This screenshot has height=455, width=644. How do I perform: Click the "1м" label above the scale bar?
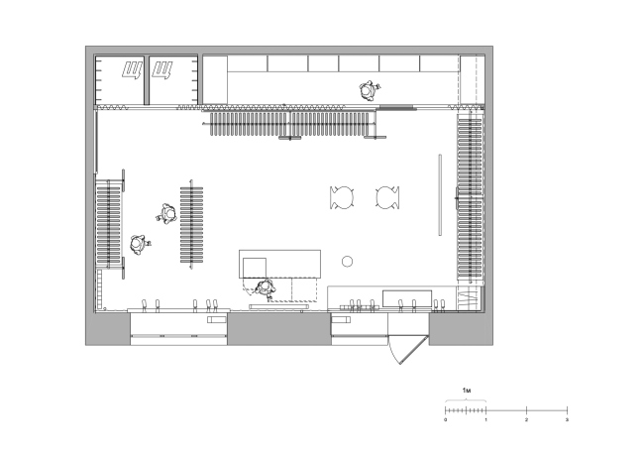pyautogui.click(x=467, y=390)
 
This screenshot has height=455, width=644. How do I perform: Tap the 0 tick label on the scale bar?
pyautogui.click(x=446, y=419)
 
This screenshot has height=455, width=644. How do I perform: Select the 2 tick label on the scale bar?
pyautogui.click(x=526, y=419)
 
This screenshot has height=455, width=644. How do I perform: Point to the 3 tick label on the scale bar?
pyautogui.click(x=567, y=419)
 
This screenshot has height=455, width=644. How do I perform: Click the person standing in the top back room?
pyautogui.click(x=370, y=90)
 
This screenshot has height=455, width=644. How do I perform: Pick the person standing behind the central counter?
pyautogui.click(x=265, y=288)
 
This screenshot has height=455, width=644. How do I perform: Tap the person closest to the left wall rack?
pyautogui.click(x=140, y=245)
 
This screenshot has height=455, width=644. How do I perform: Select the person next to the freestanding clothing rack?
pyautogui.click(x=166, y=214)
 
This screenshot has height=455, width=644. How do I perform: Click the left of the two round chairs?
pyautogui.click(x=342, y=197)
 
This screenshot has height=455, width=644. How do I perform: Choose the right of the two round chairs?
pyautogui.click(x=387, y=197)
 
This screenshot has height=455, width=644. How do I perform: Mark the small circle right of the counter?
pyautogui.click(x=347, y=261)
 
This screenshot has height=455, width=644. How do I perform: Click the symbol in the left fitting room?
pyautogui.click(x=132, y=69)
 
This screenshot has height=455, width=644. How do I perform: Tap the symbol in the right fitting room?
pyautogui.click(x=162, y=69)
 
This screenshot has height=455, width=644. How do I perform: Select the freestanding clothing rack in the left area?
pyautogui.click(x=191, y=224)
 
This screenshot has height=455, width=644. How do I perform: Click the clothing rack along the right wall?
pyautogui.click(x=470, y=198)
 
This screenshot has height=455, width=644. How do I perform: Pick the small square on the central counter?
pyautogui.click(x=255, y=268)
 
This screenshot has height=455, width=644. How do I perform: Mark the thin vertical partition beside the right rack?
pyautogui.click(x=440, y=195)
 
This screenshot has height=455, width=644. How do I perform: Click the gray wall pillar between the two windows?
pyautogui.click(x=279, y=329)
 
